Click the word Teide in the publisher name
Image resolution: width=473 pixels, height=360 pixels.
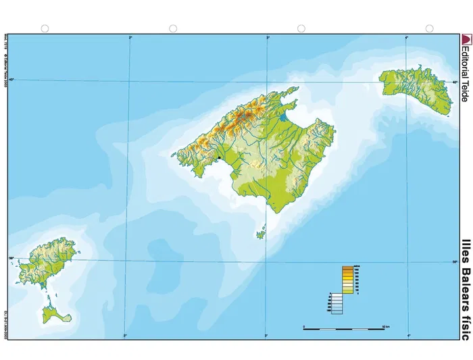click(x=464, y=90)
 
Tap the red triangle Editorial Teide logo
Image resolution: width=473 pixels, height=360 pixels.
click(x=464, y=39)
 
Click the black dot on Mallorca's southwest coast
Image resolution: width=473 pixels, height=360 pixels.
click(x=220, y=158)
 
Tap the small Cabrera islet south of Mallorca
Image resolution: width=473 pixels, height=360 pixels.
click(x=261, y=234)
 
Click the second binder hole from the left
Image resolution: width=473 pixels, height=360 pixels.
click(x=173, y=28)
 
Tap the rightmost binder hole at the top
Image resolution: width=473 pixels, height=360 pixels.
click(x=429, y=28)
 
